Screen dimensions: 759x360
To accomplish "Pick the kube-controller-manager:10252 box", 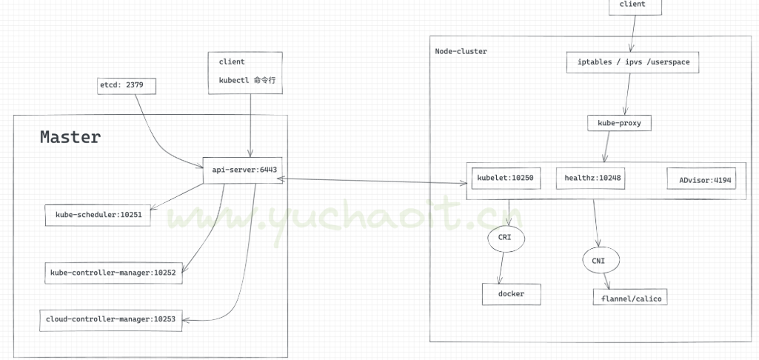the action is pos(113,273).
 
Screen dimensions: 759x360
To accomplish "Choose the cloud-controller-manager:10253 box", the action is pos(111,319).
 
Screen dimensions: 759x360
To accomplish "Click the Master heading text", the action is pos(70,137).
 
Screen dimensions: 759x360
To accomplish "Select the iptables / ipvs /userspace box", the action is pos(633,62).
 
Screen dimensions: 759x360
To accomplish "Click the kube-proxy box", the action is pos(618,123).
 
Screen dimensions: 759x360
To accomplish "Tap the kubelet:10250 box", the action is pos(506,178).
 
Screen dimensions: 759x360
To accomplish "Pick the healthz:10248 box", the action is pos(592,178).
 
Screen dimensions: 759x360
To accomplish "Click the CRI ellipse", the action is pos(506,238).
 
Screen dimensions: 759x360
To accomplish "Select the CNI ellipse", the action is pos(598,261).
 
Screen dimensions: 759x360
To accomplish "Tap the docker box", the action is pos(511,294).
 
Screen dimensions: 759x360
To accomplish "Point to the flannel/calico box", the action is pos(629,298).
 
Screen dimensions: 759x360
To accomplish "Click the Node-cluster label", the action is pos(461,51).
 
